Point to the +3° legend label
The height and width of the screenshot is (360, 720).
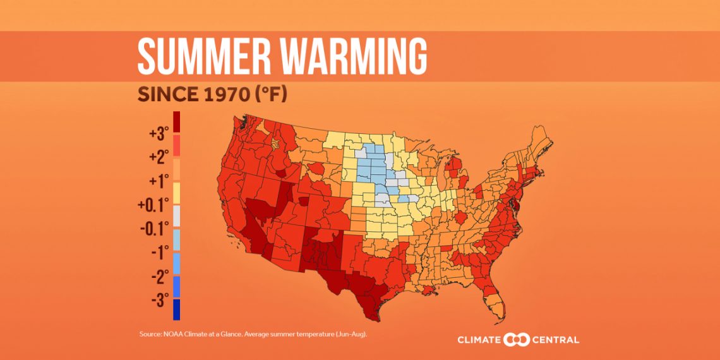(x=159, y=134)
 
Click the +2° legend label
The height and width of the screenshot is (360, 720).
(x=159, y=158)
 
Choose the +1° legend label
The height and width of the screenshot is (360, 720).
(x=159, y=182)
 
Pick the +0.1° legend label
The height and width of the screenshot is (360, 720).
(x=154, y=205)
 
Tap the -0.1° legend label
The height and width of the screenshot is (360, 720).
(x=154, y=229)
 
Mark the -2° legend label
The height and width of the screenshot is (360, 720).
(x=159, y=277)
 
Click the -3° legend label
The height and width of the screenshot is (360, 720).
(x=159, y=300)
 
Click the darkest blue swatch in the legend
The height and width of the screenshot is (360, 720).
(x=176, y=309)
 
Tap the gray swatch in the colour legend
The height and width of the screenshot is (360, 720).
(x=176, y=217)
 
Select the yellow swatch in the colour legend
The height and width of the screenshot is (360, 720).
(x=176, y=193)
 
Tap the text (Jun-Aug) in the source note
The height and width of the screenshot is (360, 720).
(x=352, y=333)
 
